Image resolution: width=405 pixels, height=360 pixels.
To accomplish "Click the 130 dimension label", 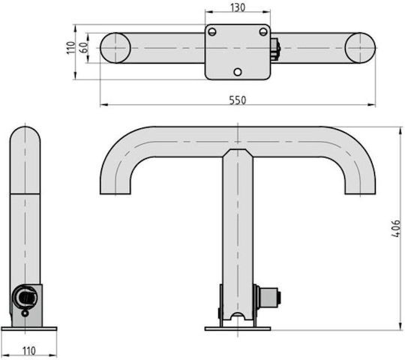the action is [238, 7].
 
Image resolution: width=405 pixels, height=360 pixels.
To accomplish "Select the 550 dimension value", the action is [238, 100].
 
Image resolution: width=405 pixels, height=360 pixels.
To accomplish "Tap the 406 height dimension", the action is [396, 229].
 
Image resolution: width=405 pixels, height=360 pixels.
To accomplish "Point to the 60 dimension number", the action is [84, 47].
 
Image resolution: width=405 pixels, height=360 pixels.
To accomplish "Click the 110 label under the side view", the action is [28, 351].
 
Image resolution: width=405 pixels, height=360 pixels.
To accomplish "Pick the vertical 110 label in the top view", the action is [71, 48].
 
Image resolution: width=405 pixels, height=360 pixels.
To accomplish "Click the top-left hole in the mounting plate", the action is [212, 32].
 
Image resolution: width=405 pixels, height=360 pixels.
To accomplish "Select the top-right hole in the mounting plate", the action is [263, 32].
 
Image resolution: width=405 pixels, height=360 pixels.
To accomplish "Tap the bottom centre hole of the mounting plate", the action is [238, 72].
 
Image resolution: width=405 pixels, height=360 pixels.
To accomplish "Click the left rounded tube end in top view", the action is [115, 48].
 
